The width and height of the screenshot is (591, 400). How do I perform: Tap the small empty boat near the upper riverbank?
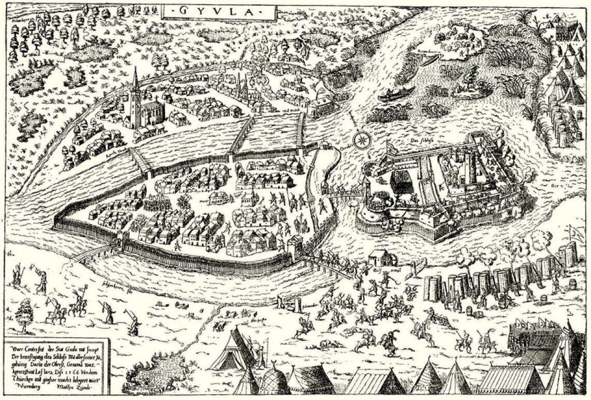429,60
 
